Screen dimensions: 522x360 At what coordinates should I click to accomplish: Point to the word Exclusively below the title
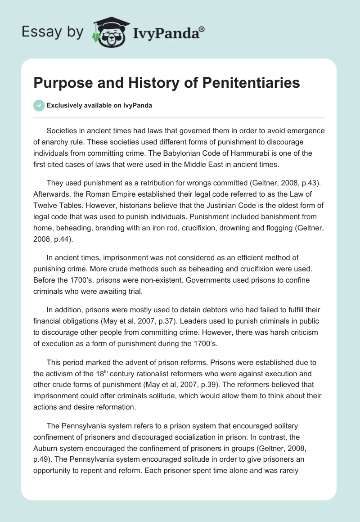(x=65, y=105)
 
